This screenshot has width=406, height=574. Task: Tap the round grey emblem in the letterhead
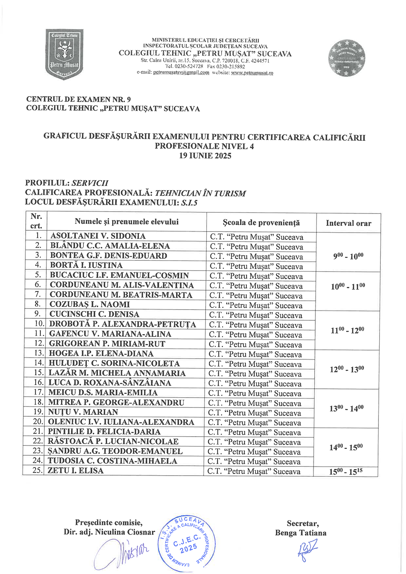346,58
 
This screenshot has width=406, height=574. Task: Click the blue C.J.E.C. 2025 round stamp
187,542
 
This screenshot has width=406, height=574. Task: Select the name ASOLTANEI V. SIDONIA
98,236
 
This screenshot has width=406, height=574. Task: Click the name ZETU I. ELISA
75,471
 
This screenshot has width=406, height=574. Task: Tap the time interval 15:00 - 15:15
346,471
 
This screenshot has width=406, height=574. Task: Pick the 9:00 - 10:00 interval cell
348,256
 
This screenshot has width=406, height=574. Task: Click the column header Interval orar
348,223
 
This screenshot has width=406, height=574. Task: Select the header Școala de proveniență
261,223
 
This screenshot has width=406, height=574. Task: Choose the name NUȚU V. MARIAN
83,412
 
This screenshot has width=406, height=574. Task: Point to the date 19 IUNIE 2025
205,156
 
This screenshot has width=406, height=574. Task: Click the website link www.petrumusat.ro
252,73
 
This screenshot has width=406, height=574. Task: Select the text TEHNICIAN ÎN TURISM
200,193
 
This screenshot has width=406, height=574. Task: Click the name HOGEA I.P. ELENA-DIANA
101,354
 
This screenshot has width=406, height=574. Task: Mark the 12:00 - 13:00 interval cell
347,369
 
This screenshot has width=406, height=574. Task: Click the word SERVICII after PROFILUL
90,183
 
